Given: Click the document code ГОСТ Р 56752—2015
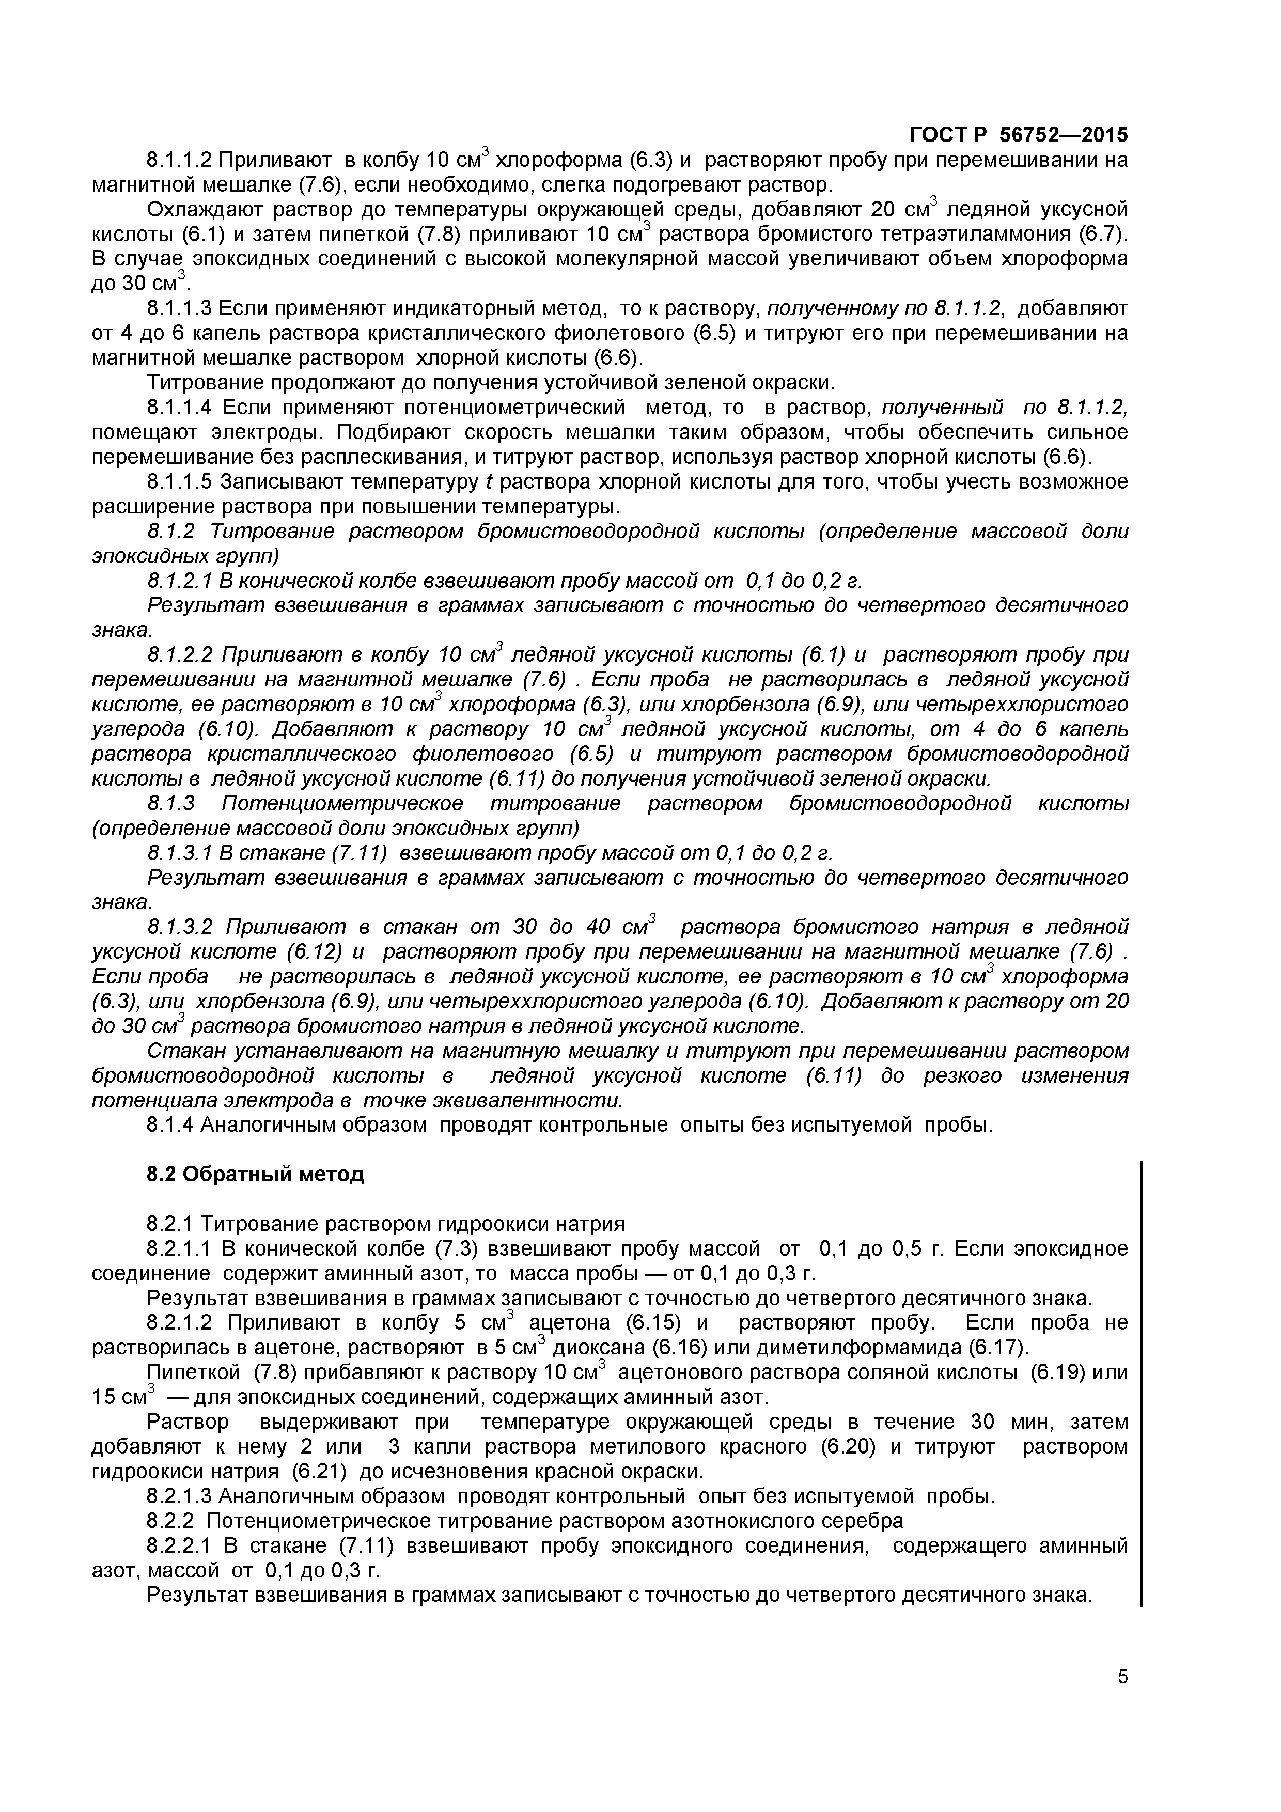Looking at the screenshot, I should [1018, 134].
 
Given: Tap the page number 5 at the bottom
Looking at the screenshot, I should [1122, 1698].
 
